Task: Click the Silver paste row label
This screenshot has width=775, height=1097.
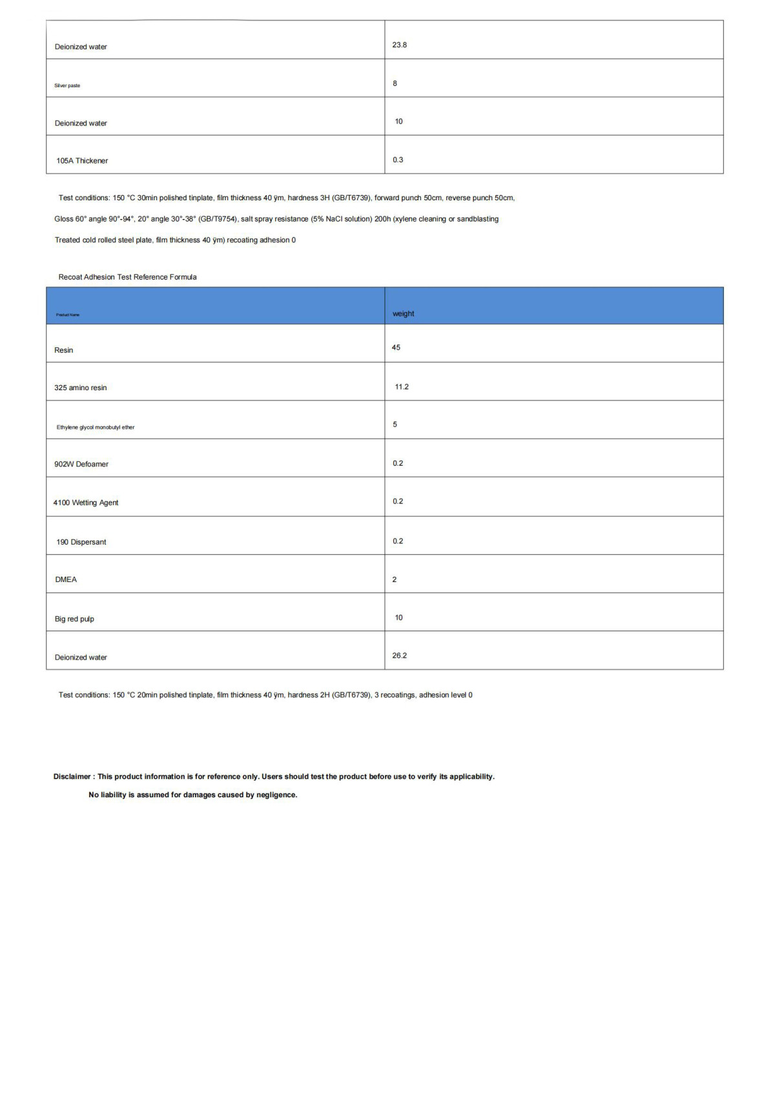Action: point(67,85)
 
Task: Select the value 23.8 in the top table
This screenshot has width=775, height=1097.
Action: point(399,45)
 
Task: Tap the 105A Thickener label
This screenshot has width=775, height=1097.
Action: point(82,161)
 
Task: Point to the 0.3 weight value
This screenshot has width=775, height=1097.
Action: point(398,160)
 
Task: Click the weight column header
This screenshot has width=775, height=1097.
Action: point(404,314)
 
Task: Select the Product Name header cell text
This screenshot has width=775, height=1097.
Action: point(68,315)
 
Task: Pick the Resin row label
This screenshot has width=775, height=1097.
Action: point(63,350)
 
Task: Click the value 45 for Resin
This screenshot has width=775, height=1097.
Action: point(396,348)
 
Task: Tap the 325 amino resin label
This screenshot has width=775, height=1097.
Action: point(81,388)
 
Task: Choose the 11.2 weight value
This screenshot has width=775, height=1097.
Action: point(402,387)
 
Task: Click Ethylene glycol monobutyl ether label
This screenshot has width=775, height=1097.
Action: point(96,427)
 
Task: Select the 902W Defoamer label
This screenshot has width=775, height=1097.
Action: point(81,465)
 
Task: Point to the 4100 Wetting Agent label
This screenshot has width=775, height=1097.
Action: point(86,503)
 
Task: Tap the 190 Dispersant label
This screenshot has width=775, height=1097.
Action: point(81,542)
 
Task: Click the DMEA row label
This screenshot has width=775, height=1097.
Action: point(66,580)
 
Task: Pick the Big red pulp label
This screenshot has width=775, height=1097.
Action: point(74,619)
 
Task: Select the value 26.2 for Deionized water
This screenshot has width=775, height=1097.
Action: point(399,656)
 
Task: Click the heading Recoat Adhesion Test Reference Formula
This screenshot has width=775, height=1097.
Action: point(127,277)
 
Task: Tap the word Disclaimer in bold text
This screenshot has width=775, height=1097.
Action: point(72,777)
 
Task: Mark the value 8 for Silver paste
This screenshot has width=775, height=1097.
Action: point(395,83)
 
